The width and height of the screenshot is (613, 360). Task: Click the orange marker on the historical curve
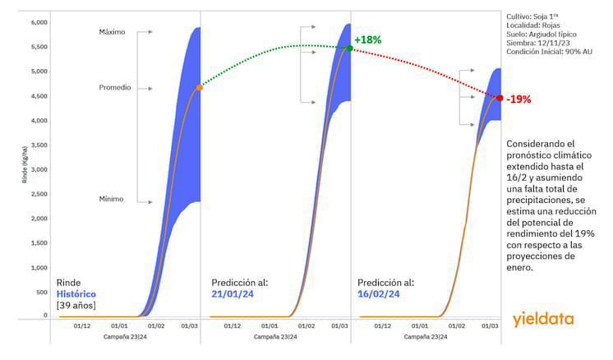(x=199, y=86)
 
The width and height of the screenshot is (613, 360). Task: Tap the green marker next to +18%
(x=349, y=48)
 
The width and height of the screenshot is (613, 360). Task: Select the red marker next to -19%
(x=500, y=98)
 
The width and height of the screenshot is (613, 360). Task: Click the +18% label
(x=367, y=39)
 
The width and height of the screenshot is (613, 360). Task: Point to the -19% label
(x=519, y=99)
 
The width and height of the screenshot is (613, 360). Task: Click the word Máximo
(x=112, y=32)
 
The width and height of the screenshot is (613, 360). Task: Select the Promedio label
(x=114, y=87)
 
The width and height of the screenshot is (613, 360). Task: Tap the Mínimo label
(x=112, y=199)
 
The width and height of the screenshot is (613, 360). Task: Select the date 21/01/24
(x=231, y=293)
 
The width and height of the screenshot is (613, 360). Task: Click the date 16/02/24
(x=380, y=293)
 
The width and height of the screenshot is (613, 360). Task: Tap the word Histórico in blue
(x=76, y=293)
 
